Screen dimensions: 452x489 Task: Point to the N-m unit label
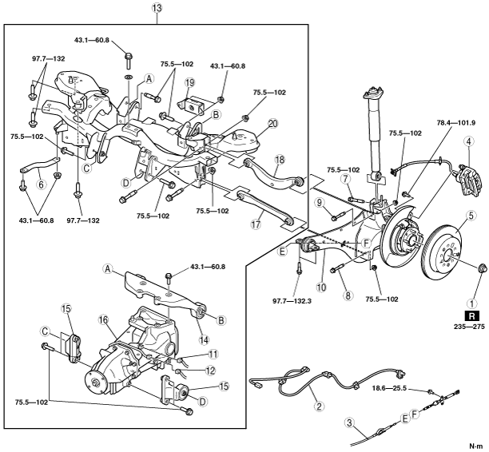[475, 445]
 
